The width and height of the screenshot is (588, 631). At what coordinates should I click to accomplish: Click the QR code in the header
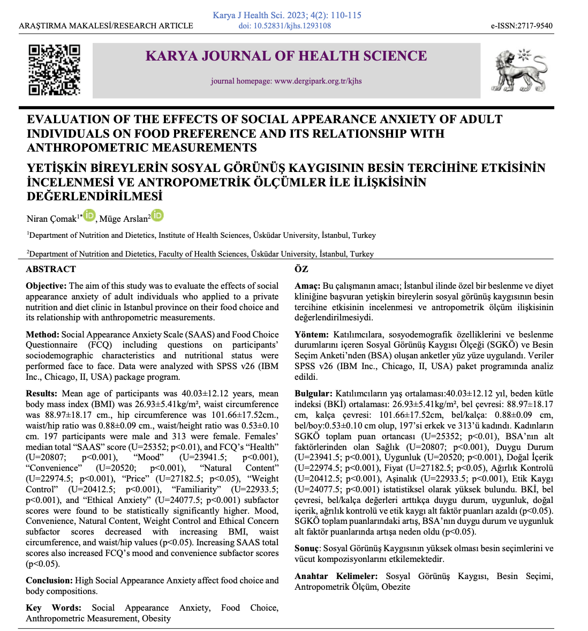pyautogui.click(x=54, y=70)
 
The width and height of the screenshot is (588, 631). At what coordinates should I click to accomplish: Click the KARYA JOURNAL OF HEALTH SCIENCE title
pyautogui.click(x=287, y=56)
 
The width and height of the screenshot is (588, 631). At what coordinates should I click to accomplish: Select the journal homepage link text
pyautogui.click(x=286, y=81)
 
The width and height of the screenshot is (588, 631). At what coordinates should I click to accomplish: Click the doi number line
pyautogui.click(x=284, y=25)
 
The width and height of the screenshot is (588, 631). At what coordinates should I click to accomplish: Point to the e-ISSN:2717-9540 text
pyautogui.click(x=522, y=26)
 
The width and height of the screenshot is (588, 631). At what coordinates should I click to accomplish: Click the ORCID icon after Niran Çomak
pyautogui.click(x=89, y=215)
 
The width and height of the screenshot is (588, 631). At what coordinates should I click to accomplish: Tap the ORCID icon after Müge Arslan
pyautogui.click(x=157, y=215)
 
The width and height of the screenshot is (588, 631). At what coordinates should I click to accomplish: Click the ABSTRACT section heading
pyautogui.click(x=51, y=269)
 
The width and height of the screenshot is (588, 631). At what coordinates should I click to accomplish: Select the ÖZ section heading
pyautogui.click(x=301, y=269)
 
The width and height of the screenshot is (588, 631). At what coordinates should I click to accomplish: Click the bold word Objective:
pyautogui.click(x=46, y=286)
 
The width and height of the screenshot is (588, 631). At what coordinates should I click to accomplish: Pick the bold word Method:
pyautogui.click(x=42, y=334)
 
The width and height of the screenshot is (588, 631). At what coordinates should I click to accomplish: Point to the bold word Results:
pyautogui.click(x=41, y=394)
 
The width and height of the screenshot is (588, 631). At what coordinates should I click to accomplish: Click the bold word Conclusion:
pyautogui.click(x=49, y=581)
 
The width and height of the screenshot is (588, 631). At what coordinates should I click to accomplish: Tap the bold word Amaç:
pyautogui.click(x=307, y=286)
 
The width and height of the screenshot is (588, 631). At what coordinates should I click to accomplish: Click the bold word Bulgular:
pyautogui.click(x=314, y=394)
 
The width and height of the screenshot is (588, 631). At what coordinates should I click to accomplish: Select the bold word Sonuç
pyautogui.click(x=307, y=549)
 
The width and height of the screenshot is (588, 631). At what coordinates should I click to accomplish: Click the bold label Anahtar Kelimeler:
pyautogui.click(x=336, y=576)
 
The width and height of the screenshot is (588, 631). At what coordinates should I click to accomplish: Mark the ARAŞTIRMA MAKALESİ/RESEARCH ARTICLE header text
pyautogui.click(x=106, y=26)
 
